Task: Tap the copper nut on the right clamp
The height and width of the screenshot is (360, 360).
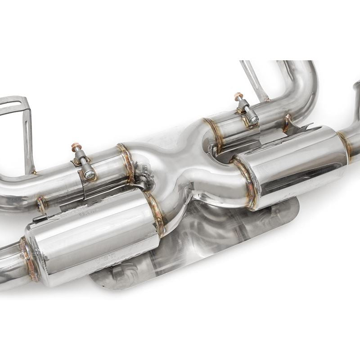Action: (238, 96)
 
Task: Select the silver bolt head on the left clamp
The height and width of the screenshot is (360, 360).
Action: (89, 174)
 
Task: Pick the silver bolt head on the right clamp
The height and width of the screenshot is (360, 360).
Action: (253, 120)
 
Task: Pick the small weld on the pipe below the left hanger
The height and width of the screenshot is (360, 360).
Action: (41, 203)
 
